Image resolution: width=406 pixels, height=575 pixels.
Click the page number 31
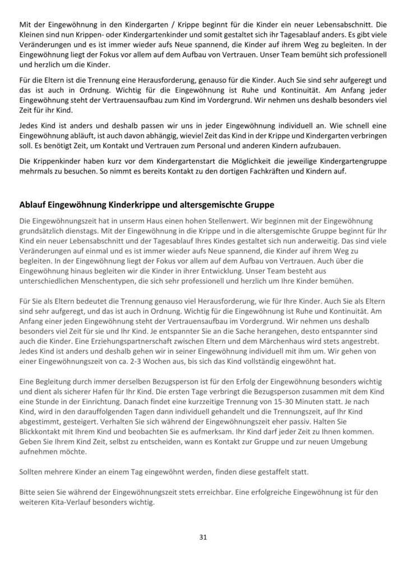coord(203,537)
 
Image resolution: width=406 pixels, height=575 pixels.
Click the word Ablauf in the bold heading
coord(33,204)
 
